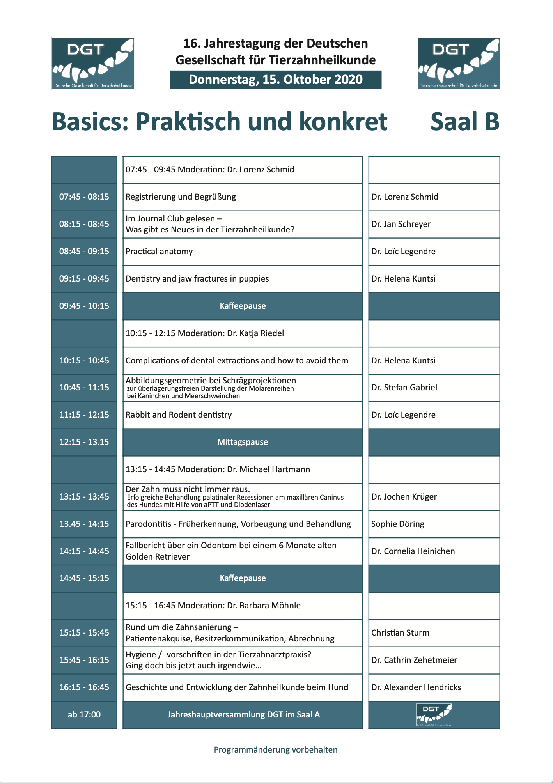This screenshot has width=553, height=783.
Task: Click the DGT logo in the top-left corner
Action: tap(93, 64)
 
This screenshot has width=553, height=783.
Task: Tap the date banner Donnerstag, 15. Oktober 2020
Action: tap(276, 80)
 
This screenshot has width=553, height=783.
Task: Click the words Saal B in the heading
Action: tap(465, 122)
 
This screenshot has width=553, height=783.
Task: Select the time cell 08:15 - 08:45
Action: tap(84, 224)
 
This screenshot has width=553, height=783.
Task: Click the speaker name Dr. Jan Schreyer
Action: tap(401, 224)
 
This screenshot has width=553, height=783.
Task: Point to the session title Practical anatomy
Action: tap(159, 252)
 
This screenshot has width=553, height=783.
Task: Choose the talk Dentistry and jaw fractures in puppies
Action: tap(197, 279)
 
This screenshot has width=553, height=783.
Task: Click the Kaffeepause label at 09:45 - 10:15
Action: tap(243, 306)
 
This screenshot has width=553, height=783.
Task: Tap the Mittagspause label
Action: tap(243, 442)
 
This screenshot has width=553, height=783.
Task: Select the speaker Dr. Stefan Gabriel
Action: tap(404, 388)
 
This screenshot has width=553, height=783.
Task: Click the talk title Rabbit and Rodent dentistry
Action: tap(179, 415)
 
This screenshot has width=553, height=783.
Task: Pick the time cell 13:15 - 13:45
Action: tap(84, 497)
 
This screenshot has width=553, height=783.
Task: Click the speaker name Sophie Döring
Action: tap(397, 524)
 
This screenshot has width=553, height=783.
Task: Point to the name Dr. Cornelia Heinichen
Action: tap(413, 551)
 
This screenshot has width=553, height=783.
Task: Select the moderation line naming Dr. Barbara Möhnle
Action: tap(213, 606)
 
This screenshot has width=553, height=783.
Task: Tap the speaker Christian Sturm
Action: tap(400, 633)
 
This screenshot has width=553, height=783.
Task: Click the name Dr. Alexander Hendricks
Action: tap(416, 687)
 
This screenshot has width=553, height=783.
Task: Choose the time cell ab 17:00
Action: tap(84, 715)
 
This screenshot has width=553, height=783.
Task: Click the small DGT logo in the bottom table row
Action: tap(434, 715)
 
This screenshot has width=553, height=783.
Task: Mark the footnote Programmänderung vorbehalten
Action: tap(276, 750)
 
